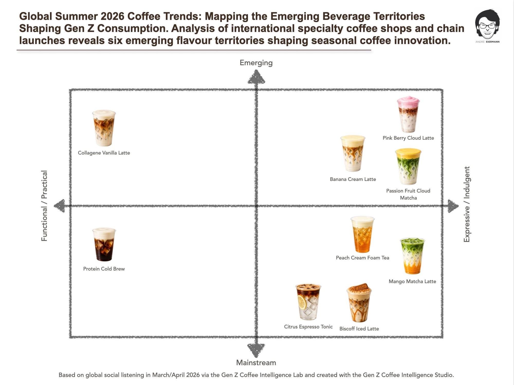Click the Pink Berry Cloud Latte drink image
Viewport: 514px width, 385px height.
(x=408, y=114)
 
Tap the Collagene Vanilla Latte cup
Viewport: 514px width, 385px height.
(x=104, y=128)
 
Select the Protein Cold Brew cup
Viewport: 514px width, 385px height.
(x=104, y=244)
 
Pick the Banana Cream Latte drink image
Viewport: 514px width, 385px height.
(x=353, y=153)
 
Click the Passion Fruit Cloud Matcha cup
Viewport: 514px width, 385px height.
(x=408, y=167)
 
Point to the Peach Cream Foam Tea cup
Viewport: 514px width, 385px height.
(x=362, y=235)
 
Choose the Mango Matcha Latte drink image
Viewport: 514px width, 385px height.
(x=412, y=256)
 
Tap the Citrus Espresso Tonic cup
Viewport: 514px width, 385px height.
(x=308, y=302)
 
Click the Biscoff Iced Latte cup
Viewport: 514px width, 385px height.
(x=359, y=303)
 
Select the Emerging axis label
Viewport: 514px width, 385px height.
(x=256, y=63)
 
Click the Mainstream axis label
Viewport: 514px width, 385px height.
(x=256, y=363)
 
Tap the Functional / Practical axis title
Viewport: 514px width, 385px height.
(x=44, y=206)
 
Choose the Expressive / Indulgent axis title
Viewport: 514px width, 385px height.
(x=467, y=204)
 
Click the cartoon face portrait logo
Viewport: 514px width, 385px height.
(x=487, y=24)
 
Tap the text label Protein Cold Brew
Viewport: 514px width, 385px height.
(x=104, y=269)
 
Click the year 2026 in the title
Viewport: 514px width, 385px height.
(x=113, y=16)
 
